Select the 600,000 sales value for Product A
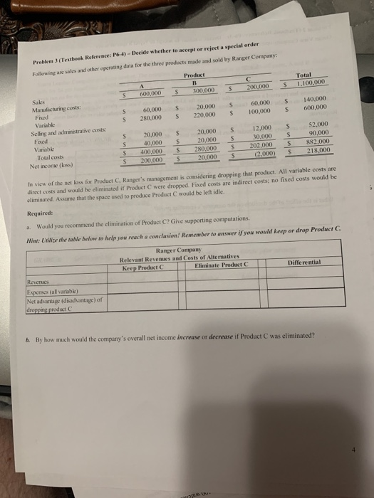[x=150, y=92]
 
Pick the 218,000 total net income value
[x=317, y=151]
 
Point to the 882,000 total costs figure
[x=317, y=142]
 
